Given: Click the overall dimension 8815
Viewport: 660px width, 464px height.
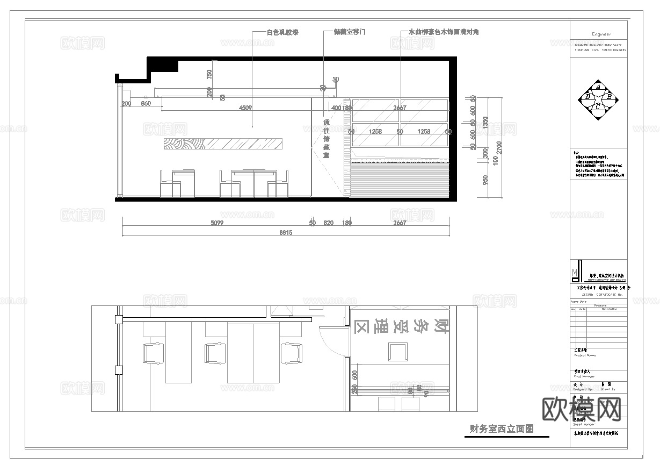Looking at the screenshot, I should coord(285,233).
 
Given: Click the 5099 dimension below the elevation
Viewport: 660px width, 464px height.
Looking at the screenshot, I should coord(216,223).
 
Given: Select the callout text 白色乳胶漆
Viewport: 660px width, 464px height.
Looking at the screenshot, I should coord(282,32).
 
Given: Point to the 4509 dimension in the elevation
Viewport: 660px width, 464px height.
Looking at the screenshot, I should coord(245,108).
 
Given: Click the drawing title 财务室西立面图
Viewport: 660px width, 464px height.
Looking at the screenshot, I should coord(502,429).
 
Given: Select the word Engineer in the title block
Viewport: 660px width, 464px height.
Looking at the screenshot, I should coord(601,34).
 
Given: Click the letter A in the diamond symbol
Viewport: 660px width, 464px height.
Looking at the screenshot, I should coord(598,87).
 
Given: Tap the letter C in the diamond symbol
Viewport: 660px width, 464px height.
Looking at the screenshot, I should coord(598,107).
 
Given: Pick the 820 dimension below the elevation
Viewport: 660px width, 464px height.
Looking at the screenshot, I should coord(329,223).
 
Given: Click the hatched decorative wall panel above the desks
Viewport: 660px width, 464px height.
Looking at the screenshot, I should coord(223,143).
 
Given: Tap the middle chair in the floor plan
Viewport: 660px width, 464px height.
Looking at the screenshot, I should coord(214,353).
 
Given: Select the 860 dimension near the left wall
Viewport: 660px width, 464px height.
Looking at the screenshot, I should coord(146,103).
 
